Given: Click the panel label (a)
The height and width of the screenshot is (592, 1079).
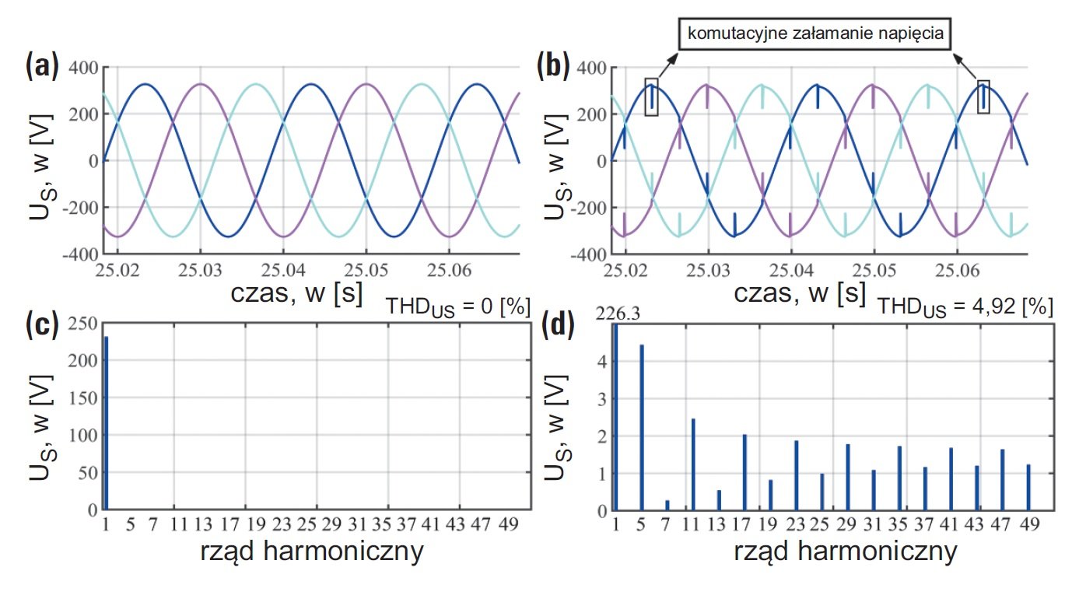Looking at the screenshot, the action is (x=42, y=66).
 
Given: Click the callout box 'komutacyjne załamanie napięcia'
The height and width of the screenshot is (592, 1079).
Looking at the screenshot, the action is (x=815, y=33).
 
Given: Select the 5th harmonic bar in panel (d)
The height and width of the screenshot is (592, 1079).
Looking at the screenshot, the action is (x=642, y=427).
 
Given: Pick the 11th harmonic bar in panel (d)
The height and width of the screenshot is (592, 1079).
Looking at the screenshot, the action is (x=693, y=464).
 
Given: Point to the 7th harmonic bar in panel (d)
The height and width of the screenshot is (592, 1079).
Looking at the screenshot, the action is (x=667, y=506).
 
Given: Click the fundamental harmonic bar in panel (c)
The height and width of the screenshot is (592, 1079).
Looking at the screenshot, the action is (x=106, y=423).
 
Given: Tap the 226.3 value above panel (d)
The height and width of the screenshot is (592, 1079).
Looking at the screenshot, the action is (x=618, y=314).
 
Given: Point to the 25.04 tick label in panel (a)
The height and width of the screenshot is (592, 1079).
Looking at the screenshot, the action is (x=283, y=270).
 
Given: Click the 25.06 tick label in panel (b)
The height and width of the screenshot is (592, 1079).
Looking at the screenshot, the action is (x=957, y=270).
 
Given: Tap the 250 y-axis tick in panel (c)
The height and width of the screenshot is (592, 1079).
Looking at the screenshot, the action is (x=82, y=323).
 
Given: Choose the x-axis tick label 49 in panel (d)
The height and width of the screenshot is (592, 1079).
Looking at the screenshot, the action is (x=1029, y=524).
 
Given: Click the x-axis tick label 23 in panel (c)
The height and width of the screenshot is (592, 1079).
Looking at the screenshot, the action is (x=282, y=524).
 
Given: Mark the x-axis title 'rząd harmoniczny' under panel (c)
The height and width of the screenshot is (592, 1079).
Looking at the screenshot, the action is (x=312, y=552).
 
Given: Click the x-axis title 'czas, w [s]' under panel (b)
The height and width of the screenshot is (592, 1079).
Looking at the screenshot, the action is (x=800, y=292).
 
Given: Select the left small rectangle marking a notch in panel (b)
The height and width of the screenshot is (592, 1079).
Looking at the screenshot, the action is (x=651, y=96).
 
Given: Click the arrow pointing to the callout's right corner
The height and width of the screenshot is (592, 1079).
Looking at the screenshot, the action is (x=965, y=66).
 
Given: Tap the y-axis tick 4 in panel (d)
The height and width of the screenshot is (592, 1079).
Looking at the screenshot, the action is (x=602, y=362).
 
